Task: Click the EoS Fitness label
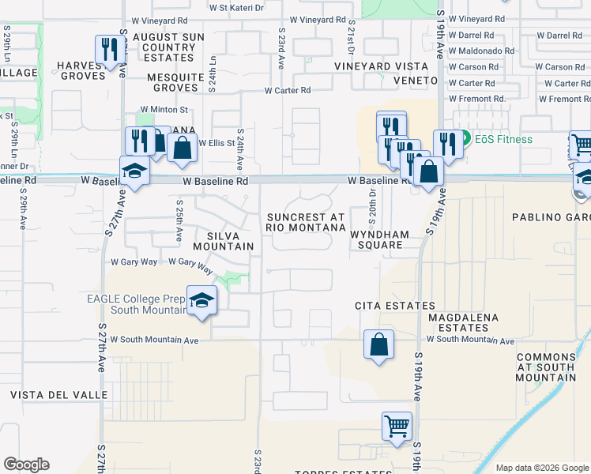tap(503, 139)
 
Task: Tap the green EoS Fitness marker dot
tap(466, 139)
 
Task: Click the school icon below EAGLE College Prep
tap(201, 300)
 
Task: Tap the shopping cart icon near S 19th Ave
tap(397, 426)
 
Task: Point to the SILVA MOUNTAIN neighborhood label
tap(230, 241)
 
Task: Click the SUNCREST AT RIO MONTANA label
tap(306, 222)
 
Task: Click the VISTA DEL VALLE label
tap(59, 394)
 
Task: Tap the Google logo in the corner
tap(26, 465)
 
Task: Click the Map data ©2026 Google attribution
tap(542, 468)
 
